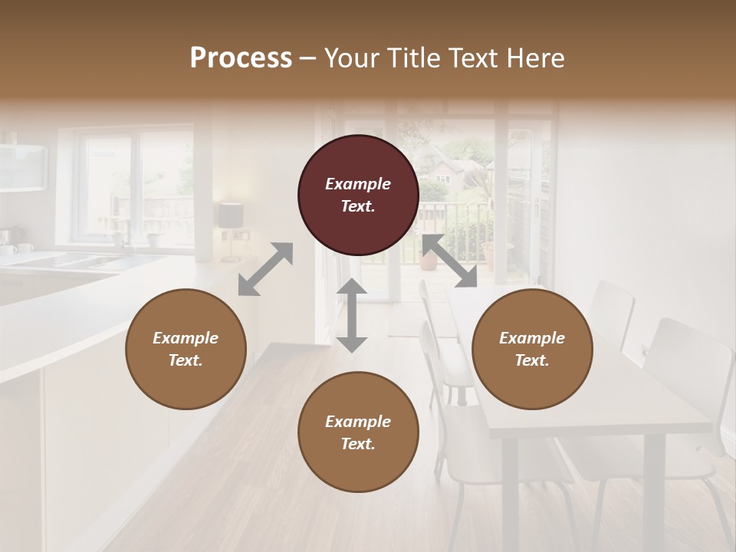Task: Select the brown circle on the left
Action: [x=186, y=349]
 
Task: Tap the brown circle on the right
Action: [x=531, y=349]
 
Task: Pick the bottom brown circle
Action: [x=358, y=432]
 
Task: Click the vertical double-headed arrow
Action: [x=352, y=315]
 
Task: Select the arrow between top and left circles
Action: [x=265, y=269]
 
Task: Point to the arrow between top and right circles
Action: [x=449, y=261]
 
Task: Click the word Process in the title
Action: [x=241, y=58]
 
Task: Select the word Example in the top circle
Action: [x=358, y=184]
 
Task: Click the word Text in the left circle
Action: [x=186, y=360]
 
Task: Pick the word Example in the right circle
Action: [x=531, y=338]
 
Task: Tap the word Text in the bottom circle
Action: [x=358, y=444]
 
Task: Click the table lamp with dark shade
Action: [x=230, y=216]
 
